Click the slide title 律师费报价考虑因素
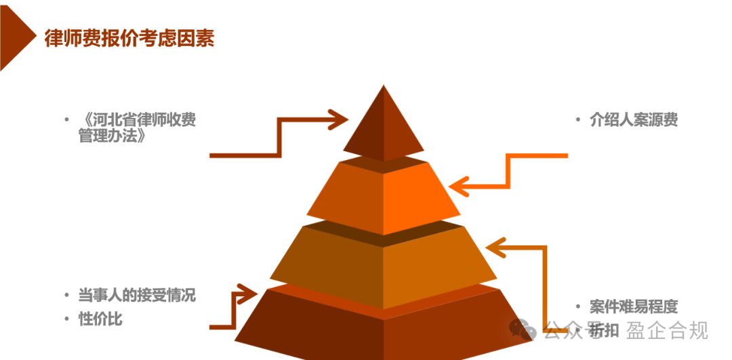(129, 39)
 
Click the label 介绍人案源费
(633, 120)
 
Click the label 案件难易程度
(633, 307)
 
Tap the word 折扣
(603, 331)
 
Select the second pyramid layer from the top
(384, 193)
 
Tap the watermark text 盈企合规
(667, 331)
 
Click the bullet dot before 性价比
(67, 319)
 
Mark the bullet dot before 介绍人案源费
(577, 120)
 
